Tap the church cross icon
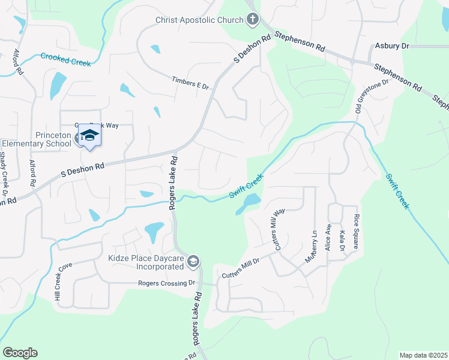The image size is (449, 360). tap(253, 20)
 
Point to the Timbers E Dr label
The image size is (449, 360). tap(190, 83)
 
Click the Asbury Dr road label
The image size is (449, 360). tap(391, 46)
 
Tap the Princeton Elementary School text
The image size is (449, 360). tap(37, 139)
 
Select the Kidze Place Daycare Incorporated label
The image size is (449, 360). tap(137, 262)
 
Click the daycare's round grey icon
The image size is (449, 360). tap(193, 262)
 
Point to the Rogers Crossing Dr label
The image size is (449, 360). tap(167, 283)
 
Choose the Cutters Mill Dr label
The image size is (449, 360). tap(240, 267)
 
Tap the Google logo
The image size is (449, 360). tap(20, 353)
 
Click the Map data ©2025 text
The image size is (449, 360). tap(423, 355)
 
